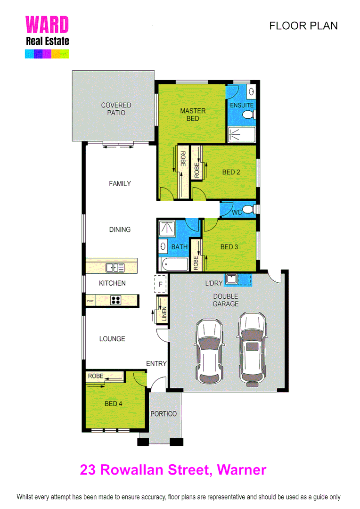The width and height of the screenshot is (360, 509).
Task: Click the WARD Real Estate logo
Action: (47, 37)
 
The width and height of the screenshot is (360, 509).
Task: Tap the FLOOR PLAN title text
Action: (303, 26)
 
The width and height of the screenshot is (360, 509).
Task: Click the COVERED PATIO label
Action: (116, 109)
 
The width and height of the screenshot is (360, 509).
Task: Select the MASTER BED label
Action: (193, 115)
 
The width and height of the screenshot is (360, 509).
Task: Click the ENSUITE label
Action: (242, 105)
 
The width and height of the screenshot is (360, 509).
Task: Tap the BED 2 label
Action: (231, 172)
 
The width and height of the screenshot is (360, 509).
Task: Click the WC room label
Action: (237, 213)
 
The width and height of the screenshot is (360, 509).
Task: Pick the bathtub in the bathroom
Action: (174, 263)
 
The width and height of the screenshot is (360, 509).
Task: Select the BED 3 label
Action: (229, 247)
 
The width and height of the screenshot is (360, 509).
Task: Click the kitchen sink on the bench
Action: (115, 268)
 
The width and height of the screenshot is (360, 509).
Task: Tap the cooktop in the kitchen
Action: (116, 300)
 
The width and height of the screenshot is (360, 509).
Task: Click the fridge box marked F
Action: (161, 284)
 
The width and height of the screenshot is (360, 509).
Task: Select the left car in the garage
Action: (209, 350)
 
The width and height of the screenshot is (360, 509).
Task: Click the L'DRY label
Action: (213, 284)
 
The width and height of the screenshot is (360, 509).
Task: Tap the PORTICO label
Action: (164, 414)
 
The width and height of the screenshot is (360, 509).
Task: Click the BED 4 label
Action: (114, 404)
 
